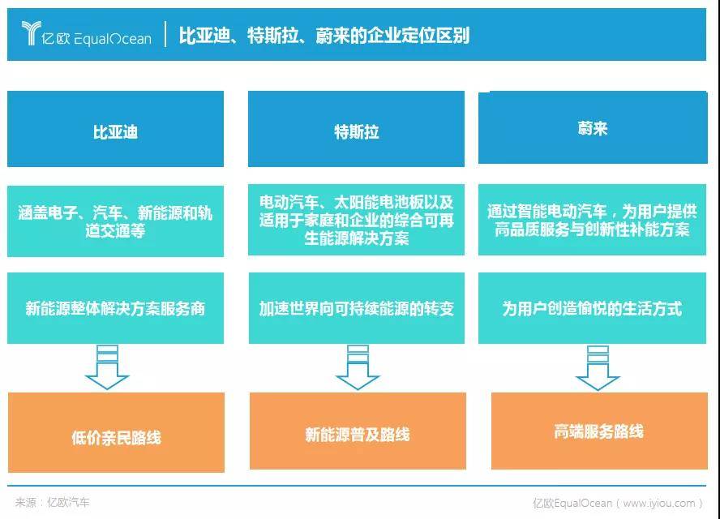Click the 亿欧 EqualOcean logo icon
click(32, 33)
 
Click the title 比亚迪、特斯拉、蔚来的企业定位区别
click(324, 36)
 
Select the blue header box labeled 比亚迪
click(115, 129)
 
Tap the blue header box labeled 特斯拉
click(356, 129)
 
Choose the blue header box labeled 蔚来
click(593, 127)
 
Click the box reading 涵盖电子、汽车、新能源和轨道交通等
click(115, 221)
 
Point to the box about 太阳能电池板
click(356, 220)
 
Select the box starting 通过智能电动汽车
click(593, 220)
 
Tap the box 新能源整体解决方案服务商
click(115, 308)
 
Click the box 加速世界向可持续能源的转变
click(356, 308)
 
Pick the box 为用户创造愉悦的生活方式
click(593, 308)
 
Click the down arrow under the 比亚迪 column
click(108, 367)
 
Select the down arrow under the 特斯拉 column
click(358, 367)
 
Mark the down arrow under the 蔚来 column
click(598, 368)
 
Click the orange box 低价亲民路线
click(116, 432)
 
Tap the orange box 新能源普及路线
click(358, 431)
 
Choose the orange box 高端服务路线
click(599, 431)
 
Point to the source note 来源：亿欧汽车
click(53, 503)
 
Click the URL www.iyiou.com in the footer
click(659, 504)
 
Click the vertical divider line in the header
click(165, 34)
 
